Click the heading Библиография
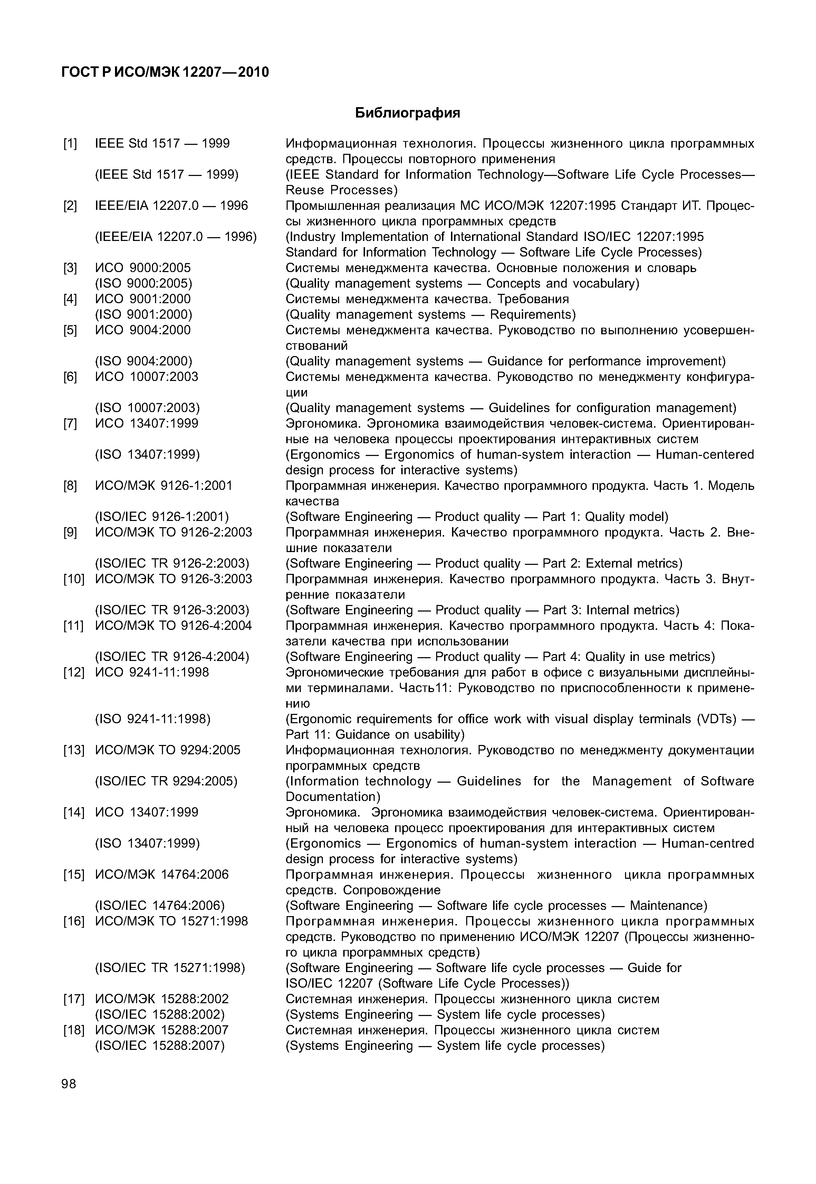(x=407, y=113)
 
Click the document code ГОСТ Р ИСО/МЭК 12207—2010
(x=165, y=72)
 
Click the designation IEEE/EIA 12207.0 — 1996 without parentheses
(x=171, y=206)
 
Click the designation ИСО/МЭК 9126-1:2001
(x=164, y=486)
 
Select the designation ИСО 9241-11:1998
(x=152, y=672)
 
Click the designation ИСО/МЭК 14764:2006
(x=162, y=875)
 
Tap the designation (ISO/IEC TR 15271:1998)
(x=170, y=968)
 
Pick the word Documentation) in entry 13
(x=333, y=797)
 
